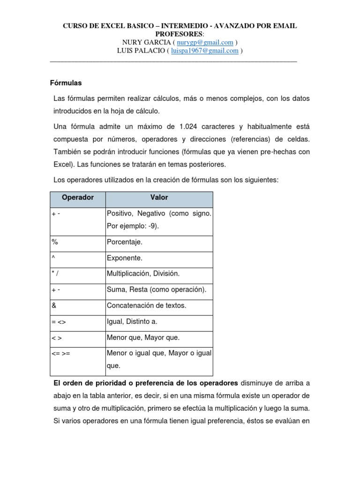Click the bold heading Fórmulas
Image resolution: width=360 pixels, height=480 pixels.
coord(66,83)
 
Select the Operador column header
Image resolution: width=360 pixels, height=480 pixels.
coord(77,198)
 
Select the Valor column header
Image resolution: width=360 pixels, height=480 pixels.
coord(159,198)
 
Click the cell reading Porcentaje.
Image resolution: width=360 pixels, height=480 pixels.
coord(125,242)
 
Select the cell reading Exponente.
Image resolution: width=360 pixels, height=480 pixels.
coord(125,258)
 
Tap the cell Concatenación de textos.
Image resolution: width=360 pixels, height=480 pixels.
coord(146,306)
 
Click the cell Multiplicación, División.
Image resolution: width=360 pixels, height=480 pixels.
coord(143,274)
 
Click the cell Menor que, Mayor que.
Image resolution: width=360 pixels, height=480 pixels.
coord(143,337)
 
